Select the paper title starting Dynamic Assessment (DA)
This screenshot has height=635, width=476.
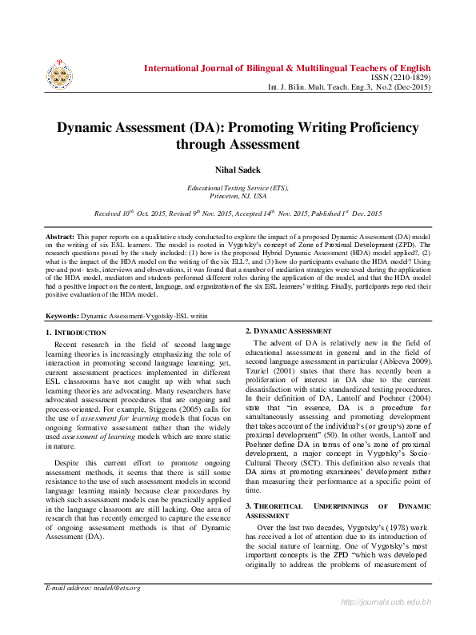(x=238, y=135)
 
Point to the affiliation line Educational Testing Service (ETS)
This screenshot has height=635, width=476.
(x=238, y=188)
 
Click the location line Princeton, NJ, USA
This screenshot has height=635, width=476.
(x=238, y=196)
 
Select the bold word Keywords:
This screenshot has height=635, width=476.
(x=62, y=317)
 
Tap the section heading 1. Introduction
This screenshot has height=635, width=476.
(x=76, y=332)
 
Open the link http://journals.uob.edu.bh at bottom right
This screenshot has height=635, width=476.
(x=386, y=624)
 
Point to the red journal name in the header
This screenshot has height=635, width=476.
(x=287, y=68)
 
